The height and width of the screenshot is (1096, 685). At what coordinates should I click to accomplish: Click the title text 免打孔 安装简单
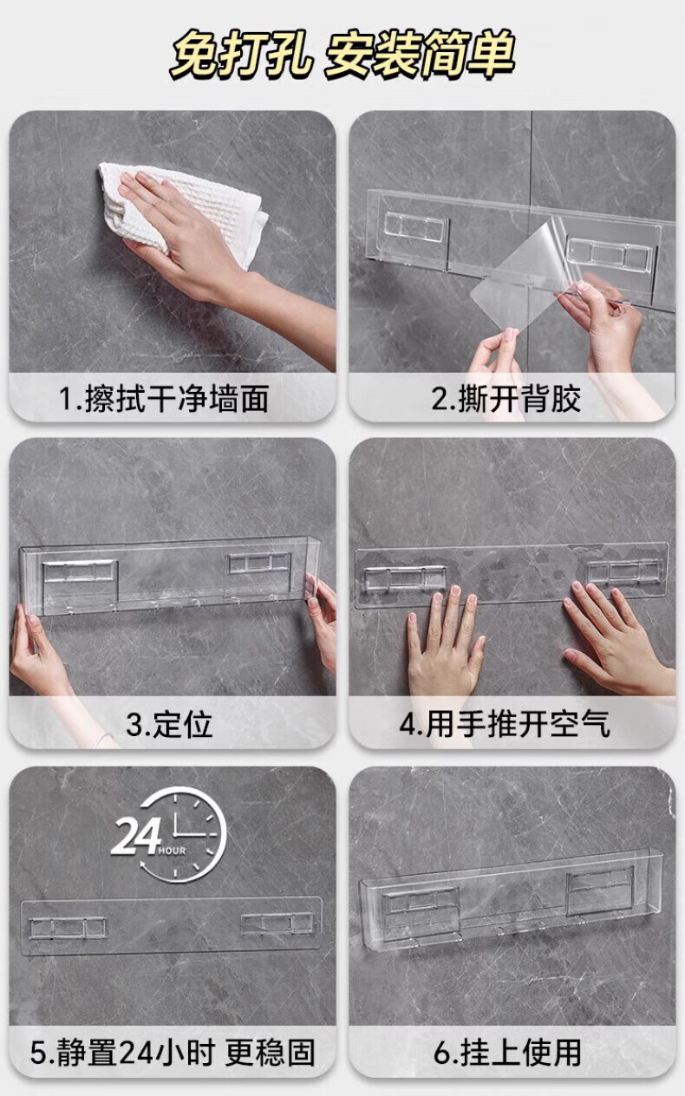[x=342, y=54]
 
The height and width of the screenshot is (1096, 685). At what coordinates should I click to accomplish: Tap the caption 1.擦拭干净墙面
[x=164, y=398]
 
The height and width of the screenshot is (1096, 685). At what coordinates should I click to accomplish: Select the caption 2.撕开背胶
[x=506, y=398]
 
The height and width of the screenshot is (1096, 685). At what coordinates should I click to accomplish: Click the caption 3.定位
[x=169, y=724]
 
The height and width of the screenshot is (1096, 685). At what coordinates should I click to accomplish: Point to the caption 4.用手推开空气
[x=505, y=724]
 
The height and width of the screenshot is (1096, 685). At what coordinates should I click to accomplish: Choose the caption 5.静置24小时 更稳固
[x=173, y=1053]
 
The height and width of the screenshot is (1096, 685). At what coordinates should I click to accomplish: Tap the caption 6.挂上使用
[x=507, y=1053]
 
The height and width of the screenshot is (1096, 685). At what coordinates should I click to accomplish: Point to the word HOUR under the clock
[x=172, y=851]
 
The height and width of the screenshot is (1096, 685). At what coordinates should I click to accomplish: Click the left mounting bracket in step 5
[x=68, y=928]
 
